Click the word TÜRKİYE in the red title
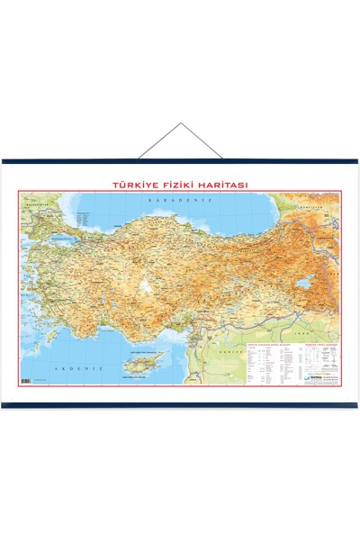click(133, 185)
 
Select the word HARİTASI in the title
click(224, 185)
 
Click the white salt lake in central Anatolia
click(143, 286)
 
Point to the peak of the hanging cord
click(180, 127)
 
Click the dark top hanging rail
click(180, 162)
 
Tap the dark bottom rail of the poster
click(180, 405)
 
